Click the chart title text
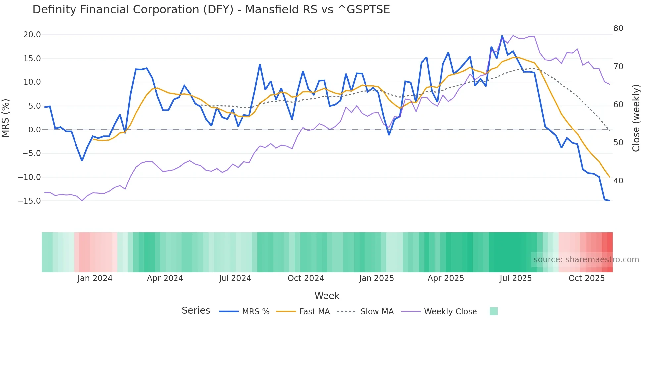[211, 10]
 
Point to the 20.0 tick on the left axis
[32, 35]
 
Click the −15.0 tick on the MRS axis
[29, 201]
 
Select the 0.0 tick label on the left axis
[34, 130]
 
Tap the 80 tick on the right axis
[618, 28]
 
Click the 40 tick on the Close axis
[618, 181]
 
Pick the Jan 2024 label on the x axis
[95, 278]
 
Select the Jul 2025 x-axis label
[516, 278]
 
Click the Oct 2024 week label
[306, 278]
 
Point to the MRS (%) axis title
[6, 118]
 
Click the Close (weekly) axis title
[636, 118]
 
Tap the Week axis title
[327, 296]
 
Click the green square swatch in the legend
[493, 311]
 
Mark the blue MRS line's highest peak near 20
[502, 36]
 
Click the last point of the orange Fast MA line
[609, 177]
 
